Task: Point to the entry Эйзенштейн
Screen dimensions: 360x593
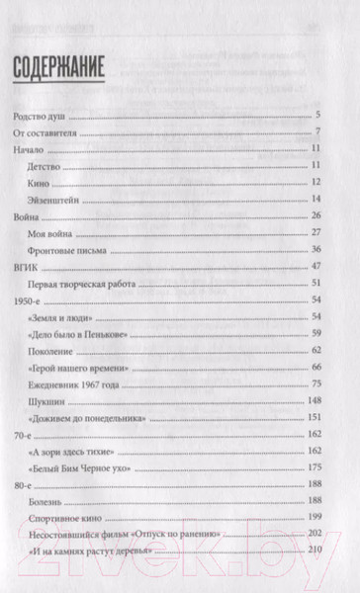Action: (62, 199)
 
